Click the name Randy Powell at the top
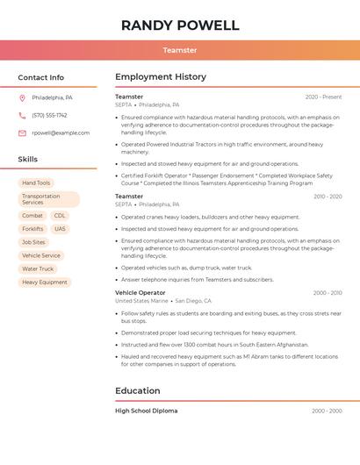coord(180,25)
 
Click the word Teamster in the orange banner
coord(180,50)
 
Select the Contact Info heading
coord(41,77)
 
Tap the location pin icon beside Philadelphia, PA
coord(22,97)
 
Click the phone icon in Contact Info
coord(22,115)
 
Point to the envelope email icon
coord(22,132)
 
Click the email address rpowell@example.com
coord(61,132)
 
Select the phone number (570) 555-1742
coord(49,115)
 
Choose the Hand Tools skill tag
coord(36,183)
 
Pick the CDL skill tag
coord(60,216)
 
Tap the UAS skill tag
coord(60,229)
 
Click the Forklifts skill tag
coord(32,229)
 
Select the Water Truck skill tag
coord(38,269)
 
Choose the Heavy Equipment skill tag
coord(45,283)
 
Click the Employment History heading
coord(161,77)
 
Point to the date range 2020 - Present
coord(323,97)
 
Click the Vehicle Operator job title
coord(140,292)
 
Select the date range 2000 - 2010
coord(327,293)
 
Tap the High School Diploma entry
coord(146,411)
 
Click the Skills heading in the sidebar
coord(28,160)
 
